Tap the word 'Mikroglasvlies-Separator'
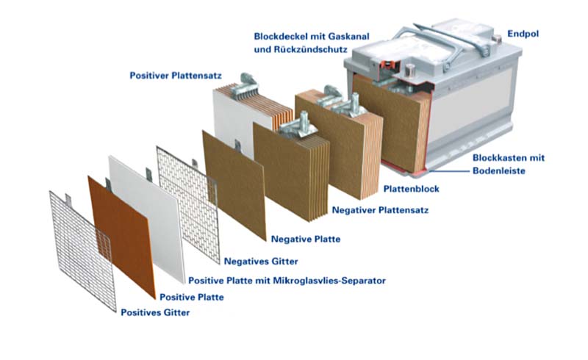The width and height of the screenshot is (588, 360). tap(329, 281)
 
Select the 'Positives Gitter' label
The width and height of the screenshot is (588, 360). tap(155, 313)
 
